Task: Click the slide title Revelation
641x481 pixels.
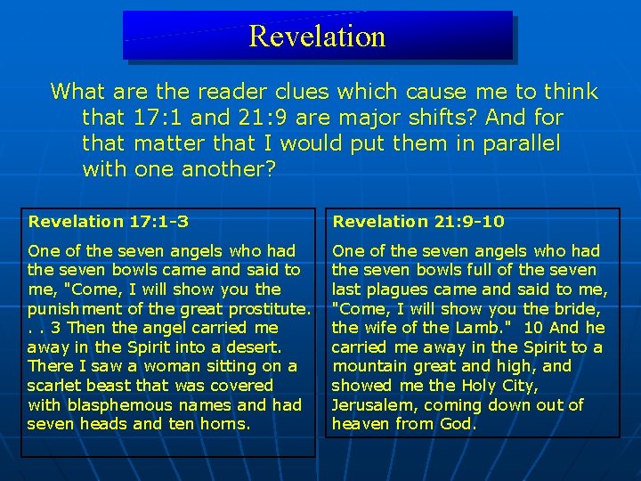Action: pyautogui.click(x=317, y=36)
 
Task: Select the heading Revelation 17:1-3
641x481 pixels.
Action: pyautogui.click(x=108, y=221)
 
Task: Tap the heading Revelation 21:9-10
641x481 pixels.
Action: pyautogui.click(x=418, y=221)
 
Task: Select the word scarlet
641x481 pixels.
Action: pyautogui.click(x=56, y=386)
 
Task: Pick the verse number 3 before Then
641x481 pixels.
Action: pyautogui.click(x=56, y=328)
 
